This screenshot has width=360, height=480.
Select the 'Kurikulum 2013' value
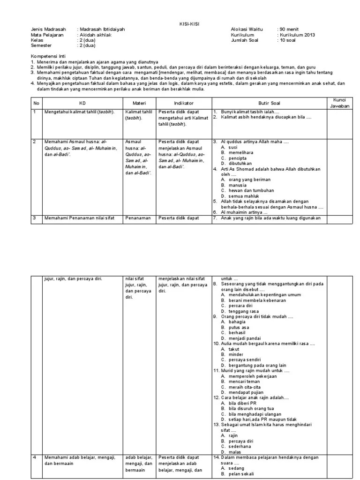pos(298,35)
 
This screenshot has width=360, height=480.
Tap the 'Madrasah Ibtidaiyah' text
pos(103,29)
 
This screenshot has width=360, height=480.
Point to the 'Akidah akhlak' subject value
pos(95,35)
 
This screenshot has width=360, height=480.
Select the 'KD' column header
pos(83,103)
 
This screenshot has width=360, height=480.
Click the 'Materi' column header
pos(139,103)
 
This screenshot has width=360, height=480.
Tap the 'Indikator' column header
pos(184,103)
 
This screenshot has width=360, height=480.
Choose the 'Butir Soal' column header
pos(269,103)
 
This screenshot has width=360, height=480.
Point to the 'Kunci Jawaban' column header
pos(339,103)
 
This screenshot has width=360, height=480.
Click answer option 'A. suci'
pos(230,147)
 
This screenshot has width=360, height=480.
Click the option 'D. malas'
pos(232,452)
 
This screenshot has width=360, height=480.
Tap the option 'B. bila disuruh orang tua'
pos(247,409)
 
